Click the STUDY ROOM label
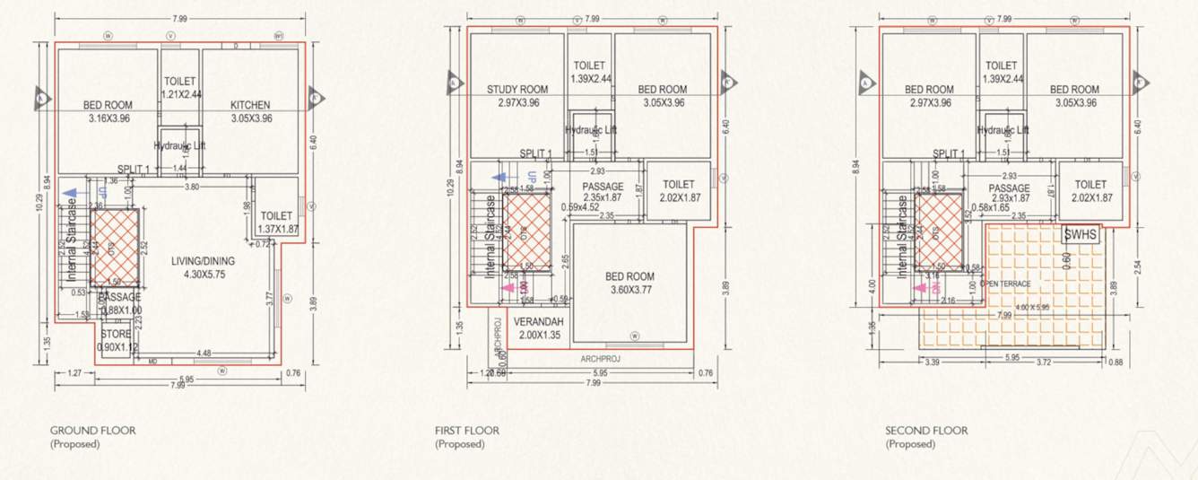click(517, 90)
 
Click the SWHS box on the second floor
click(1077, 235)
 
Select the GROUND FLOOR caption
click(92, 431)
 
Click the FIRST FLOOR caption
click(466, 431)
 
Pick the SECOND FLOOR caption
click(926, 431)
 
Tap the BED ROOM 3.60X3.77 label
click(629, 276)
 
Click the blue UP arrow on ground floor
click(70, 192)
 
